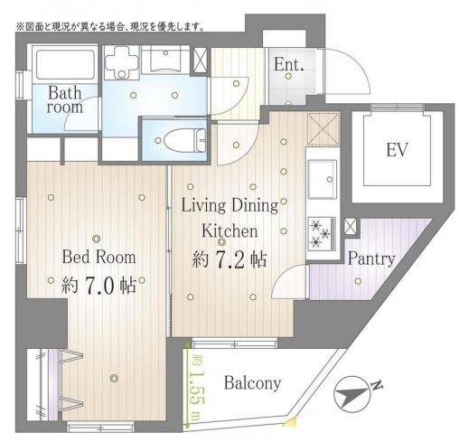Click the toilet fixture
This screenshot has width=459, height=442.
tap(184, 140)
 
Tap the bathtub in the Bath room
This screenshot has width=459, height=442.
tap(65, 64)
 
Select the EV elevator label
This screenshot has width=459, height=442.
tap(397, 150)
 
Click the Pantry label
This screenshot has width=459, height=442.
tap(371, 259)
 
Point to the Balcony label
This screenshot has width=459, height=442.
tap(253, 383)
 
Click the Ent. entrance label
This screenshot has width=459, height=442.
tap(288, 64)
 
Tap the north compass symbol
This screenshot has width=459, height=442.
tap(356, 395)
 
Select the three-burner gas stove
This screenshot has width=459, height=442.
tap(322, 233)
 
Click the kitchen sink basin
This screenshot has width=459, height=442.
tap(322, 179)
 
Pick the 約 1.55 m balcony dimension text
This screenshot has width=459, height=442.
tap(196, 387)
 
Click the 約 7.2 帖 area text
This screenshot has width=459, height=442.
tap(229, 259)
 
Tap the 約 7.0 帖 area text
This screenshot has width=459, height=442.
tap(98, 285)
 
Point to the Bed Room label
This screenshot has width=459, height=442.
tap(98, 257)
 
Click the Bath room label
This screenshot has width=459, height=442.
tap(65, 99)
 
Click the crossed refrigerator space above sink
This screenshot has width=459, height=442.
tap(323, 129)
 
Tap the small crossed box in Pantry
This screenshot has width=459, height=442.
tap(351, 226)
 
